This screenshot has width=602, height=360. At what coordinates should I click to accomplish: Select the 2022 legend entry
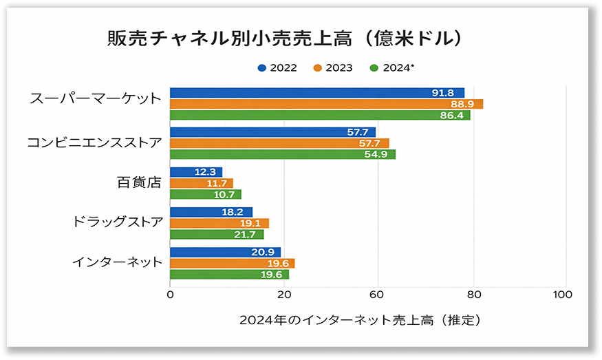[x=278, y=67]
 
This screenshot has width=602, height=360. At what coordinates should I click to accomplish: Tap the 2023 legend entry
[x=333, y=67]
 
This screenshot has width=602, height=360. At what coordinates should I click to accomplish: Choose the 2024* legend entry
[x=391, y=67]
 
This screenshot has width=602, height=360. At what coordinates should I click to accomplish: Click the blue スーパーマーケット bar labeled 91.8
[x=316, y=93]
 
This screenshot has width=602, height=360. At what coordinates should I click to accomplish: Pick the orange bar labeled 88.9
[x=326, y=104]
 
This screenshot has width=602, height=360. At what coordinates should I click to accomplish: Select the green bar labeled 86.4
[x=320, y=115]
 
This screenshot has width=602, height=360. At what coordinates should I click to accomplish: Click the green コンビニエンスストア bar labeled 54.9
[x=282, y=154]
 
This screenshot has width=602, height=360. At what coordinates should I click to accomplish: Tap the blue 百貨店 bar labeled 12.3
[x=196, y=172]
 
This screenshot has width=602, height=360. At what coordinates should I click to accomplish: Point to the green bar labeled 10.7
[x=205, y=194]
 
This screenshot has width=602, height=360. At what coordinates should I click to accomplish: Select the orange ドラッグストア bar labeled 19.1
[x=219, y=223]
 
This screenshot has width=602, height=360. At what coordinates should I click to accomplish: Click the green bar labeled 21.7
[x=217, y=234]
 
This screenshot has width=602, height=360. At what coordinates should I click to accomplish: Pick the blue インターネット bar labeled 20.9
[x=225, y=252]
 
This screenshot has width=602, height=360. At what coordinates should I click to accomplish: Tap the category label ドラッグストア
[x=118, y=222]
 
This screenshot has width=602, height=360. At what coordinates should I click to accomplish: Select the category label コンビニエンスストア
[x=95, y=143]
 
